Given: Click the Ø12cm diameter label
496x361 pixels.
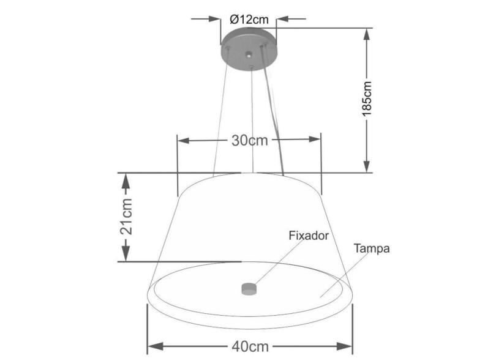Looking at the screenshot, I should pos(249,19).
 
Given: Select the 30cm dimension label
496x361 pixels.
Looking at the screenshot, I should pos(250,140).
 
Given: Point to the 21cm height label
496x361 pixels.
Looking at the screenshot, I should pos(126,217).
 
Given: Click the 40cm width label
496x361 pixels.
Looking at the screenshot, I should pos(250,346).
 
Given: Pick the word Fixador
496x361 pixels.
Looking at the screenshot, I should pos(309,235).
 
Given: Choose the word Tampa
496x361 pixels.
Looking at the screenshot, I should pos(372,248).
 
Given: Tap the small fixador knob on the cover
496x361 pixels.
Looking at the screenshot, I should pos(248,288).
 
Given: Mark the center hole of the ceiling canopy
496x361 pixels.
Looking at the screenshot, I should pos(249,55).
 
